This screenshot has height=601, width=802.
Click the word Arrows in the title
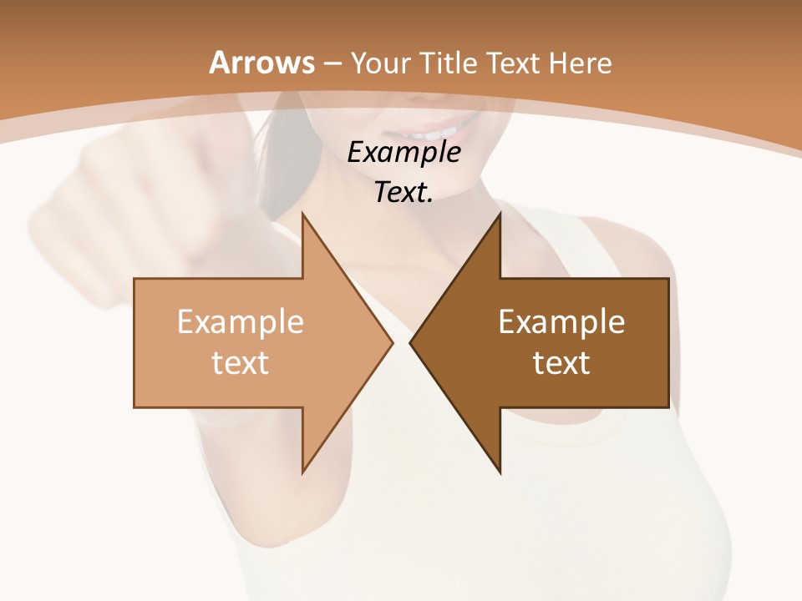[x=262, y=63]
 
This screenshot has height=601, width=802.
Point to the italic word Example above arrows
[x=404, y=153]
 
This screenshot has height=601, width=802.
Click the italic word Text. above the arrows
[x=404, y=193]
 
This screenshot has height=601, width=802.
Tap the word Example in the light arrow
[x=241, y=321]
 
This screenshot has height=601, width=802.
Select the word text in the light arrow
[x=241, y=363]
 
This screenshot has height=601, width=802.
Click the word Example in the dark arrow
[x=561, y=321]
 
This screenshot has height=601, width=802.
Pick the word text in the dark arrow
[x=561, y=363]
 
